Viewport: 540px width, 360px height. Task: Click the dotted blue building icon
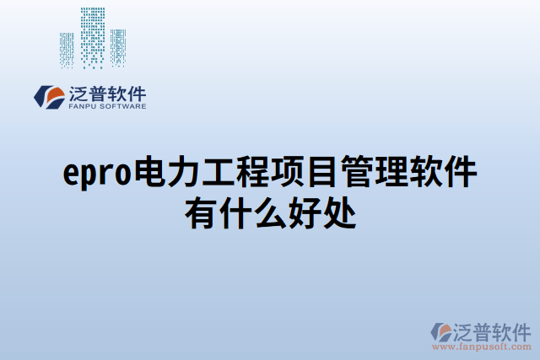click(93, 39)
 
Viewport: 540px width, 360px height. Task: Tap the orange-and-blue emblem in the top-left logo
click(48, 96)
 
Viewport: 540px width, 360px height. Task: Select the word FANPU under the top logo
click(80, 107)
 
